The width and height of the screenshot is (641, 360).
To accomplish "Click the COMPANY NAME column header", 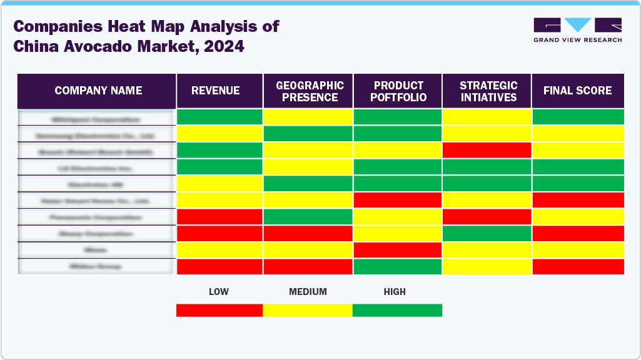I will click(x=98, y=91).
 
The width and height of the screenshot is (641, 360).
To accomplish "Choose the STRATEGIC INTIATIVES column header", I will click(x=488, y=91).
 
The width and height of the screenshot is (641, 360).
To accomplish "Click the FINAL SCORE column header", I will click(x=577, y=91).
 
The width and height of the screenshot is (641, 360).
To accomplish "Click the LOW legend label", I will click(x=218, y=292).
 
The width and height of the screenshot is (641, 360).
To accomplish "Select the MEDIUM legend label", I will click(x=308, y=292).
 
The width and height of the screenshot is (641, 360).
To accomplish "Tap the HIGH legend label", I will click(x=395, y=292).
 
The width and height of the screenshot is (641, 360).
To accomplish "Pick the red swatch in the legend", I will click(x=220, y=310).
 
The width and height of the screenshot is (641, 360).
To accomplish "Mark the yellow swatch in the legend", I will click(x=308, y=310).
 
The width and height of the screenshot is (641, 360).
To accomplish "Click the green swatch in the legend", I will click(x=397, y=310).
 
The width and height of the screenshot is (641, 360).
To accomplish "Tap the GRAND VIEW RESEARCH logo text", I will click(x=577, y=40).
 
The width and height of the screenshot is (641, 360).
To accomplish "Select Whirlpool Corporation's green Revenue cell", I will click(x=220, y=117).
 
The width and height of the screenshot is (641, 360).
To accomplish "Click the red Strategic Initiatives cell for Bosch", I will click(x=487, y=150).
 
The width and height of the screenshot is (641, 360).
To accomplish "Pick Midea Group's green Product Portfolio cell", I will click(x=398, y=266).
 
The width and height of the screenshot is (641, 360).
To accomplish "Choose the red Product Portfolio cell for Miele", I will click(x=398, y=250).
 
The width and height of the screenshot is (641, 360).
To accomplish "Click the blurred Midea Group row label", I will click(x=96, y=266).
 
